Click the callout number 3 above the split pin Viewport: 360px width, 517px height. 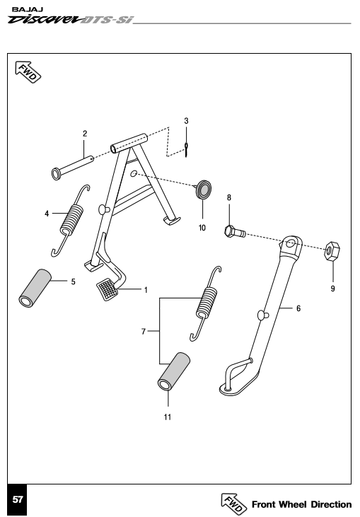[x=186, y=121]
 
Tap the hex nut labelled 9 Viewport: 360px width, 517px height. [x=332, y=250]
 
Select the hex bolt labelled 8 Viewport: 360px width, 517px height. [x=235, y=231]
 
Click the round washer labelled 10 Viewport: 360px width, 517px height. [x=204, y=190]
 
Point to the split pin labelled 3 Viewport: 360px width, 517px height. [x=186, y=150]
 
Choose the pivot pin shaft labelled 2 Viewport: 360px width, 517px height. [x=73, y=168]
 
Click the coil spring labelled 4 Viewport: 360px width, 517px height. [x=71, y=220]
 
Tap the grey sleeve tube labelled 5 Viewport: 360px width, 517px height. [x=34, y=288]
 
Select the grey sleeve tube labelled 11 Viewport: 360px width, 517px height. [x=174, y=371]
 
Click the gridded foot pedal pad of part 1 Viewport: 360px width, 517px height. [x=107, y=289]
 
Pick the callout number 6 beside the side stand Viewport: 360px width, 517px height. [x=298, y=308]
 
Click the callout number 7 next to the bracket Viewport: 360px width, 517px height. [x=144, y=332]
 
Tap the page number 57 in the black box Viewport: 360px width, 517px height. [x=18, y=499]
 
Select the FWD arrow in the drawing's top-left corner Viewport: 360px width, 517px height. [x=28, y=72]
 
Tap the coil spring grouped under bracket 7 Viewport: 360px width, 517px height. [x=206, y=303]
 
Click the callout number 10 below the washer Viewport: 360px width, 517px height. [x=202, y=228]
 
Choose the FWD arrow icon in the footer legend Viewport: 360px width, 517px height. [x=233, y=504]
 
